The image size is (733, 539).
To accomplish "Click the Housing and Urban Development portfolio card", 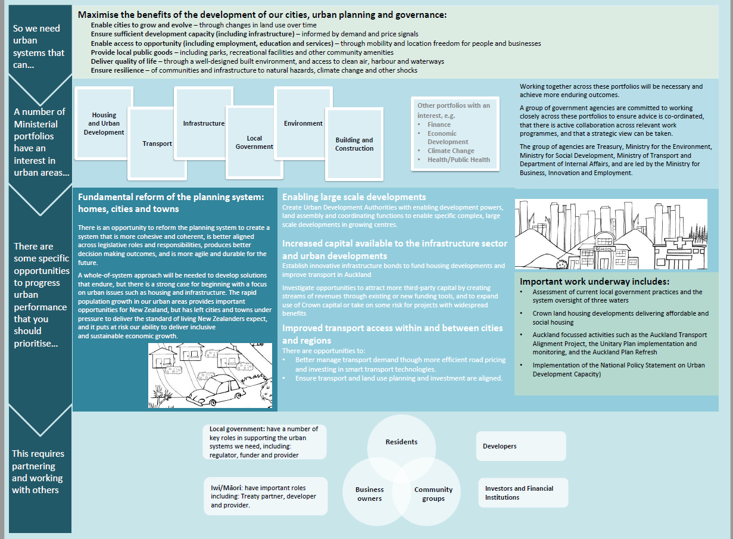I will click(104, 123).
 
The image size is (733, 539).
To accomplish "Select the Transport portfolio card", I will click(157, 144).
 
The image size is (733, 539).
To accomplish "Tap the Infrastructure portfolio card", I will click(203, 123).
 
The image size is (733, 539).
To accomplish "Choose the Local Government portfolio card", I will click(254, 142).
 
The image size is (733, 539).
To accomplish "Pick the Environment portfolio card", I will click(303, 123).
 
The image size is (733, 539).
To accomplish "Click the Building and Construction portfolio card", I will click(354, 144).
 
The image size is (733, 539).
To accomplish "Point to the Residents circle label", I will click(401, 442).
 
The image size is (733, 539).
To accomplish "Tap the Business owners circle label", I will click(370, 494).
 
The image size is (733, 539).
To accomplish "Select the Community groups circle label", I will click(433, 494).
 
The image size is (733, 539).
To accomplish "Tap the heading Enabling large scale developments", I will click(354, 197).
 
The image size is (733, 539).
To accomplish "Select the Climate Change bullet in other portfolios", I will click(451, 151).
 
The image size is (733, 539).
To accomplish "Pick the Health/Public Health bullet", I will click(458, 160).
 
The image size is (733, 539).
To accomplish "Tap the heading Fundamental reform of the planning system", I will click(170, 202).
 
